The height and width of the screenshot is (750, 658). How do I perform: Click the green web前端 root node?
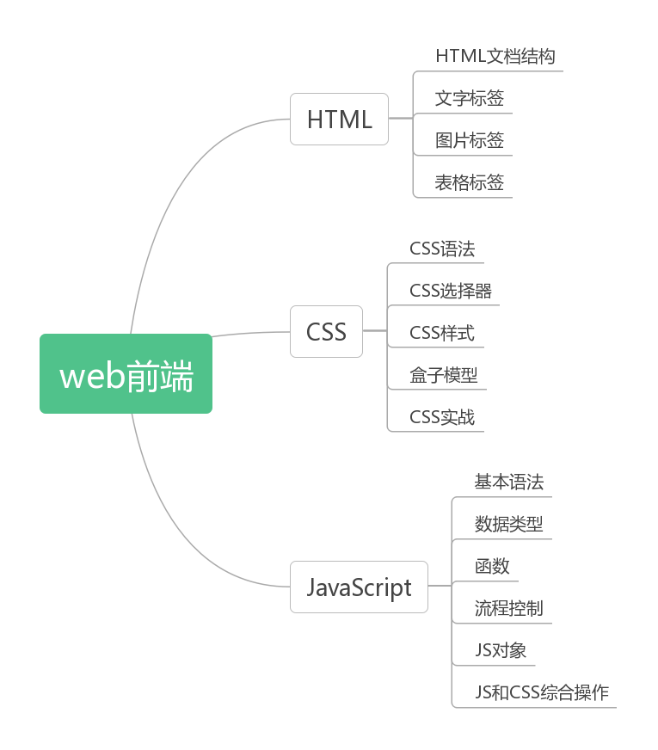click(126, 374)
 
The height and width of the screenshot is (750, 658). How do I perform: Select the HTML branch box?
click(339, 119)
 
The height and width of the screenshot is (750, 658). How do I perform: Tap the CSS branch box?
click(326, 331)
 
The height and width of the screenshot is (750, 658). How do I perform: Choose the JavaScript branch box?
click(359, 587)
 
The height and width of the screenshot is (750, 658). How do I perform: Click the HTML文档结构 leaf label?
click(495, 57)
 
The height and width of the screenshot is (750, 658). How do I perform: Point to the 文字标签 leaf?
click(469, 99)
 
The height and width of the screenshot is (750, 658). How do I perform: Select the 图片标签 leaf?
click(469, 140)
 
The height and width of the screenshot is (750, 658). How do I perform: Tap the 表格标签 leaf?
click(469, 182)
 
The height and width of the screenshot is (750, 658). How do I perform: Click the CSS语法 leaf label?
click(441, 249)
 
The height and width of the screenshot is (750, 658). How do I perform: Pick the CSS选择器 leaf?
click(451, 291)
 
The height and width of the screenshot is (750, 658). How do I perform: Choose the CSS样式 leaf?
click(441, 333)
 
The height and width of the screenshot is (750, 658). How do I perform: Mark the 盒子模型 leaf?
click(443, 375)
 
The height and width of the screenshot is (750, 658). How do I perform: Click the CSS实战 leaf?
click(441, 417)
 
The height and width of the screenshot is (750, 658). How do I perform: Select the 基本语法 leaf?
click(508, 482)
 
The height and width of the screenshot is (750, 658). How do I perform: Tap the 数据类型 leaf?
click(508, 524)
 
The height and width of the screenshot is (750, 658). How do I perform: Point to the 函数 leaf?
click(492, 566)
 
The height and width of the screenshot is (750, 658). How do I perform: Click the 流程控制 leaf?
click(508, 608)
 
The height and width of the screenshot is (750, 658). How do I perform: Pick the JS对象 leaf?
click(500, 650)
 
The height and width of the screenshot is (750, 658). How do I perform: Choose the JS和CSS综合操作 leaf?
click(541, 692)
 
